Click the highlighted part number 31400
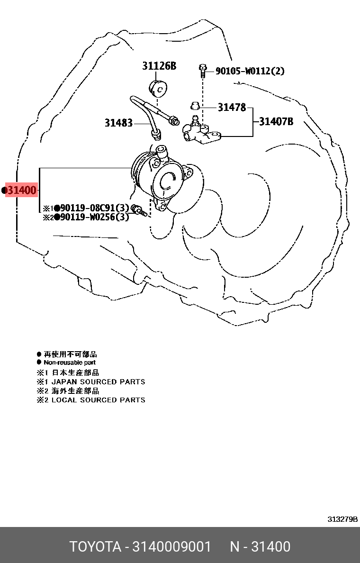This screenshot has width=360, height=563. tap(22, 190)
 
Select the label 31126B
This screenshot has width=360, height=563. tap(159, 66)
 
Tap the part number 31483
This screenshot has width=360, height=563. tap(118, 123)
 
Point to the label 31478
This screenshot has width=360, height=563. tap(232, 108)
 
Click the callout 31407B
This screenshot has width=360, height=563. tap(276, 122)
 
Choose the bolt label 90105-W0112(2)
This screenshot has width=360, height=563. tap(250, 71)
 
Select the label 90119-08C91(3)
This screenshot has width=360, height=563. tap(94, 208)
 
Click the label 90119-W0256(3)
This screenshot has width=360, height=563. tap(94, 217)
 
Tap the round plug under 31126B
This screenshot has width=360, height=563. tap(158, 88)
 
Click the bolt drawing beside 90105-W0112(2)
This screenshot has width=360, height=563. tap(202, 71)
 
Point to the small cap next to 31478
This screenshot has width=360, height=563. tap(195, 106)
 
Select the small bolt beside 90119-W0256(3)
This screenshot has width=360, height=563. tap(139, 211)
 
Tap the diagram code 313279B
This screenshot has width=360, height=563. tap(342, 519)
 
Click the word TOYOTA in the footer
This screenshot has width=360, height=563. tap(95, 547)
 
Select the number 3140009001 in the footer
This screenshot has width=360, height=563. tap(171, 547)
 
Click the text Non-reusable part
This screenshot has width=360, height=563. tap(70, 363)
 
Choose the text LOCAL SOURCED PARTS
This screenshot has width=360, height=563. tap(99, 400)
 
